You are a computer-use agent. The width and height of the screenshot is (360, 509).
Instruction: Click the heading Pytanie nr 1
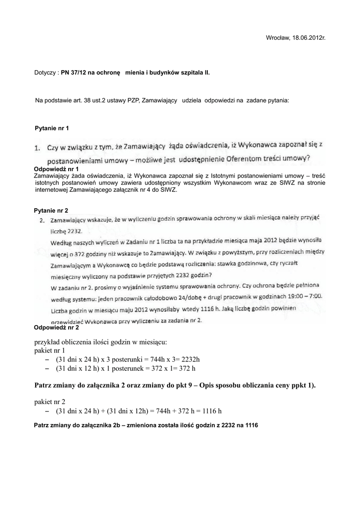tap(52, 129)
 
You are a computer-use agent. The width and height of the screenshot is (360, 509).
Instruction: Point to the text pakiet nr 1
tap(50, 350)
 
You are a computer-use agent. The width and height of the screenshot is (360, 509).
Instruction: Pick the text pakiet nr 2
tap(50, 401)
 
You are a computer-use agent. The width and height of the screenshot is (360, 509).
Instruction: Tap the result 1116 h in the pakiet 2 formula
tap(210, 411)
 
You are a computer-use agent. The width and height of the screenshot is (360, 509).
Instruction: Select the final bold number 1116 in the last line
tap(251, 425)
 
